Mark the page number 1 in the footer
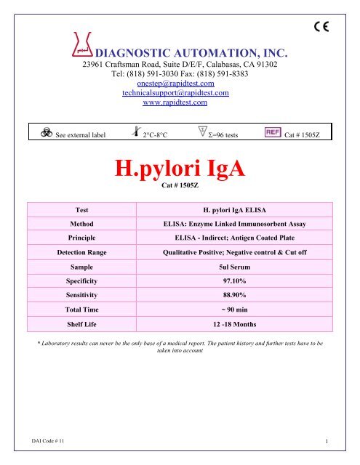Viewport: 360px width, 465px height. (329, 441)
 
